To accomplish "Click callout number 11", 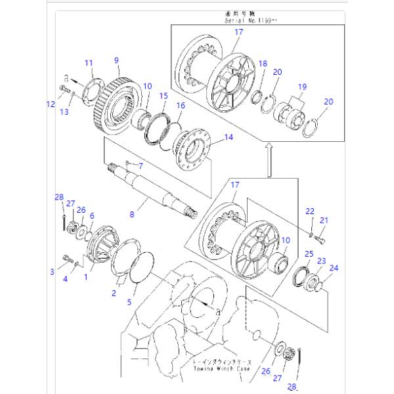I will (89, 63).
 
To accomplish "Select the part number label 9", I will (117, 60).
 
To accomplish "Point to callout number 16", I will (180, 105).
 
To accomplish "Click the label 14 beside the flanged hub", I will (229, 138).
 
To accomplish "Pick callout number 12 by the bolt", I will (51, 104).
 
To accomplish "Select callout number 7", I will (140, 166).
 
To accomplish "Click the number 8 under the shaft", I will (132, 213).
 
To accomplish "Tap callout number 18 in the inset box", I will (263, 64).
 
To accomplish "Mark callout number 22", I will (311, 211).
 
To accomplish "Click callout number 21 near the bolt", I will (323, 221).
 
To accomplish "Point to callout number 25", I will (309, 254).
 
